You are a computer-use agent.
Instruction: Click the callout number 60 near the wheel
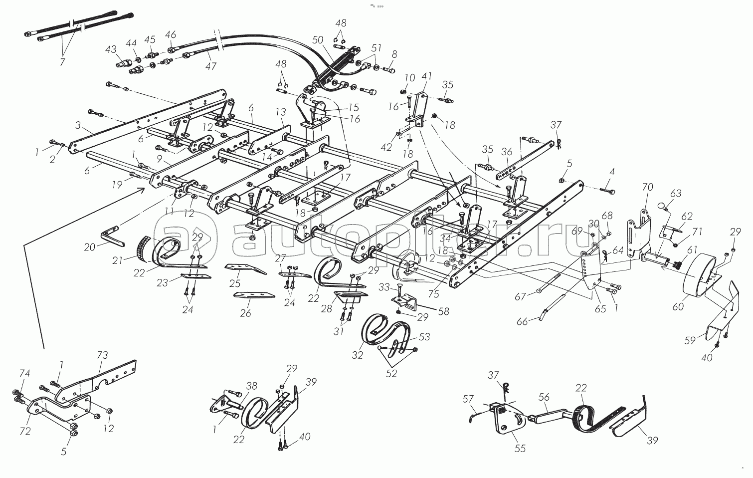pyautogui.click(x=678, y=306)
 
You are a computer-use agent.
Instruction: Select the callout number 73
pyautogui.click(x=102, y=355)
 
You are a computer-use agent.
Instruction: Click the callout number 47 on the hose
pyautogui.click(x=211, y=66)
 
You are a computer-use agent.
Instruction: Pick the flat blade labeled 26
pyautogui.click(x=254, y=295)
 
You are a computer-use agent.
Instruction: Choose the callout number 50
pyautogui.click(x=318, y=40)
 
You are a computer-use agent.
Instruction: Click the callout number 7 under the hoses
pyautogui.click(x=62, y=62)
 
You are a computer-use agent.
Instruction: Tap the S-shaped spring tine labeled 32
pyautogui.click(x=386, y=331)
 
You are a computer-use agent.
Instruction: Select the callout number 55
pyautogui.click(x=520, y=448)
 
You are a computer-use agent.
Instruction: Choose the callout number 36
pyautogui.click(x=507, y=152)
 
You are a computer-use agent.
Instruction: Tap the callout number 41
pyautogui.click(x=426, y=76)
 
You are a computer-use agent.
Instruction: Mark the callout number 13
pyautogui.click(x=281, y=112)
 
